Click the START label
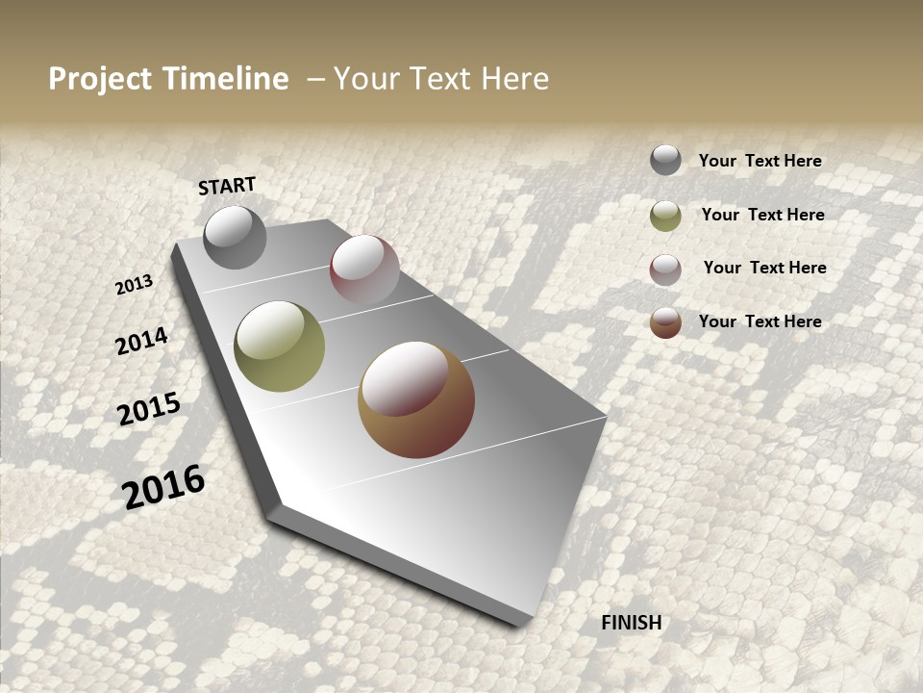coord(227,186)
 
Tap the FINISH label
coord(632,623)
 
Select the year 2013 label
coord(135,285)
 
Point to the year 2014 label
coord(142,341)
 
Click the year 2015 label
coord(149,409)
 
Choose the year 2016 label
coord(163,486)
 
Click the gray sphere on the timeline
coord(235,237)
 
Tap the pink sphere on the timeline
coord(364,269)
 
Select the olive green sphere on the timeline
coord(279,346)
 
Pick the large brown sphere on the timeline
coord(416,399)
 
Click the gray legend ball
coord(665,161)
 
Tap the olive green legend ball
coord(665,216)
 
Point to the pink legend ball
coord(665,269)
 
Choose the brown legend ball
coord(665,322)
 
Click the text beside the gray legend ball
coord(760,161)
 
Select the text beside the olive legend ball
coord(762,215)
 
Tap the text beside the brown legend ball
coord(760,321)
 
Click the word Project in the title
coord(101,79)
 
